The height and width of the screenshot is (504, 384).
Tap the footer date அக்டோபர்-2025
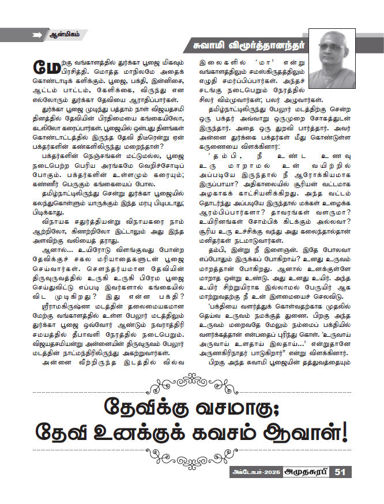coord(251,472)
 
